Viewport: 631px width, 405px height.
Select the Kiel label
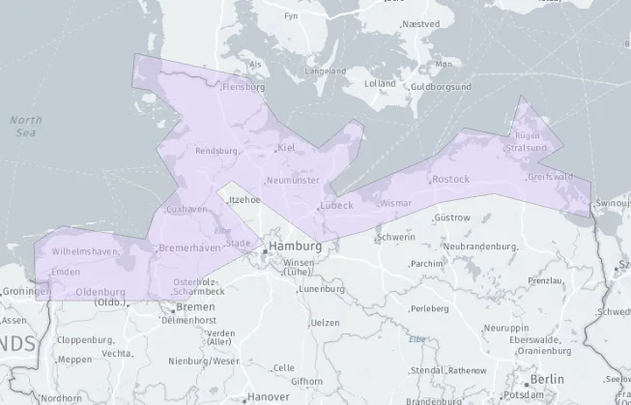point(285,148)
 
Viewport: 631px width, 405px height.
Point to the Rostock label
point(450,179)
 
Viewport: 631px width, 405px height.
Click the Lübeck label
point(335,205)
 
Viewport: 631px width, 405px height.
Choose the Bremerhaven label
point(189,247)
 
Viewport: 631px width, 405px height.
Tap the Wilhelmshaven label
point(85,251)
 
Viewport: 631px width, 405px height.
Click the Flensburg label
point(243,87)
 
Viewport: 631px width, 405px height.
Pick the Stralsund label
point(526,148)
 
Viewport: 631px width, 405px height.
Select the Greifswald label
point(550,177)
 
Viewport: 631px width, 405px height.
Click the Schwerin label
point(397,237)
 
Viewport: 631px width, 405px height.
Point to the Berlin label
point(547,379)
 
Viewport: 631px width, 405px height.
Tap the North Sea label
point(25,126)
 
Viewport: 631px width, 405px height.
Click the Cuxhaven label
point(186,209)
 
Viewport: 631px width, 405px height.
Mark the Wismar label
point(396,204)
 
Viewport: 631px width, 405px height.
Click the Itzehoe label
point(244,199)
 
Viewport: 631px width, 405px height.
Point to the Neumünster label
point(292,180)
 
